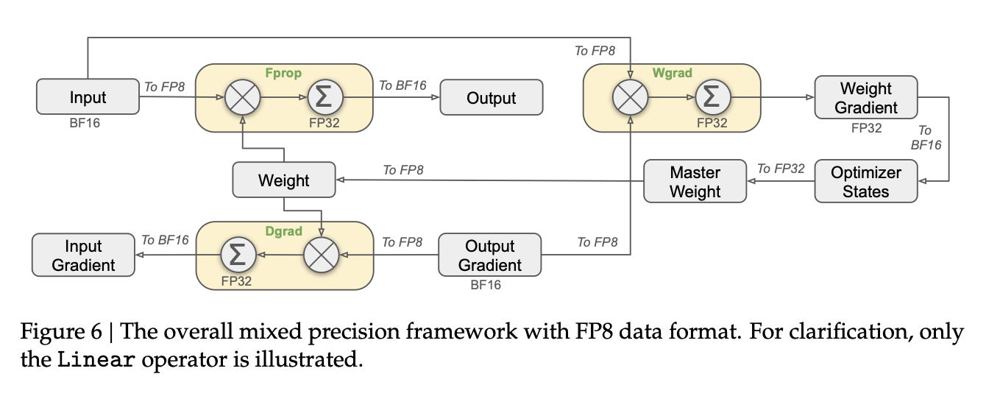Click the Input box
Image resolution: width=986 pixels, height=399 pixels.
point(88,97)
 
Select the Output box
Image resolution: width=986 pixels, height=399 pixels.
point(492,97)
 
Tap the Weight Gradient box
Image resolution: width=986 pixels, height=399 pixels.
point(866,98)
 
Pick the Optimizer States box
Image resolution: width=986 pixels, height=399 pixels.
point(866,182)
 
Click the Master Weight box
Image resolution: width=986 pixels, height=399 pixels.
point(695,182)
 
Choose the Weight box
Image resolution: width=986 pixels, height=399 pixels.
point(284,180)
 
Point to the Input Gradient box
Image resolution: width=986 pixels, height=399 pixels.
point(83,255)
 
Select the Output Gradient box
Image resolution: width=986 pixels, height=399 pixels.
point(489,255)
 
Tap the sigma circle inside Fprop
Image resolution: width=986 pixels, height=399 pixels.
point(321,97)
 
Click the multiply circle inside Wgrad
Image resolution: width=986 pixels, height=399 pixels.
point(631,97)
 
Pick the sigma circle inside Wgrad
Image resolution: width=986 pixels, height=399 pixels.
point(712,97)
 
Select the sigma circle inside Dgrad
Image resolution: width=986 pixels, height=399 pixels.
point(239,255)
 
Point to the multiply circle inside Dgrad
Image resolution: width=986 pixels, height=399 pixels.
point(321,255)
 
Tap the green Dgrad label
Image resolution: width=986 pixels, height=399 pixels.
point(284,231)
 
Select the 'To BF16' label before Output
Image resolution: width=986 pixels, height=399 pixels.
point(402,85)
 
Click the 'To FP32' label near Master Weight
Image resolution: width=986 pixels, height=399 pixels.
point(781,169)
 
